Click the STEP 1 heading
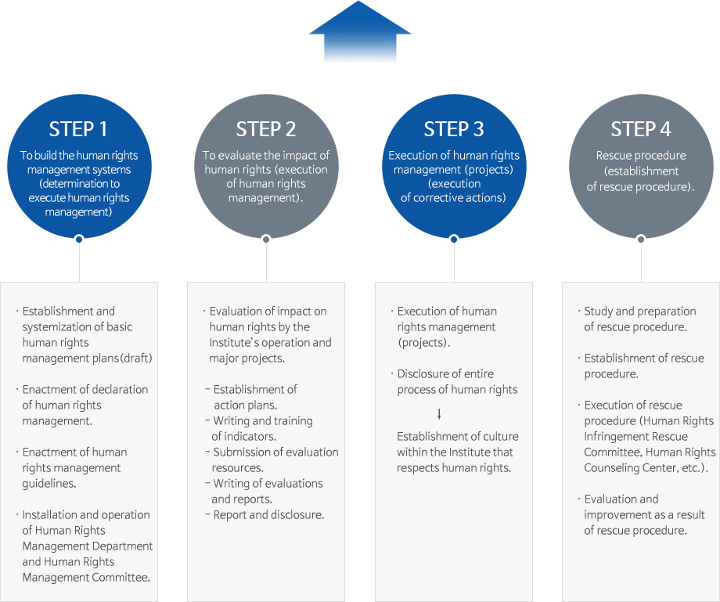click(78, 129)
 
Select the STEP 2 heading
click(266, 129)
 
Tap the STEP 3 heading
click(454, 129)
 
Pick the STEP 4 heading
click(641, 129)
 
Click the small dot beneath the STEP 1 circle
click(78, 239)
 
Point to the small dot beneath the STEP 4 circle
click(641, 239)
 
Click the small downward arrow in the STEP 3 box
click(439, 413)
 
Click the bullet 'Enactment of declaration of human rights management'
click(85, 405)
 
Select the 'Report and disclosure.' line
click(268, 514)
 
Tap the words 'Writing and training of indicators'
click(262, 428)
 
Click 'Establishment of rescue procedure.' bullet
click(643, 366)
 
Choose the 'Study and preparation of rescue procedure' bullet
click(639, 319)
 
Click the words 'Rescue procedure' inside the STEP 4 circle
click(641, 155)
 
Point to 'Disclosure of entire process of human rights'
click(457, 381)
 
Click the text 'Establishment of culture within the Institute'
click(457, 444)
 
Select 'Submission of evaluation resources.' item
click(275, 460)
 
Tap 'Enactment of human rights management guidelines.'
click(74, 467)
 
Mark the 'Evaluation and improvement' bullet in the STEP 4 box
click(643, 514)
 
